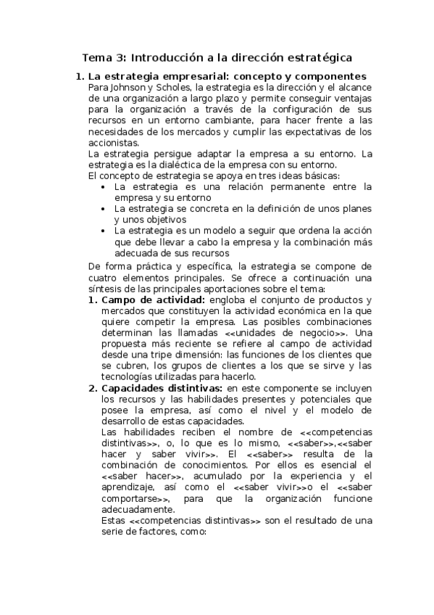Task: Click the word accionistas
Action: coord(112,143)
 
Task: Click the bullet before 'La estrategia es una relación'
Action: coord(106,187)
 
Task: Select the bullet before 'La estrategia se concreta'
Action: coord(106,209)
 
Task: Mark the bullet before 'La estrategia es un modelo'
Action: coord(106,231)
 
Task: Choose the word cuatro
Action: coord(103,278)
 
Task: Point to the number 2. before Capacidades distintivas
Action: coord(93,388)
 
